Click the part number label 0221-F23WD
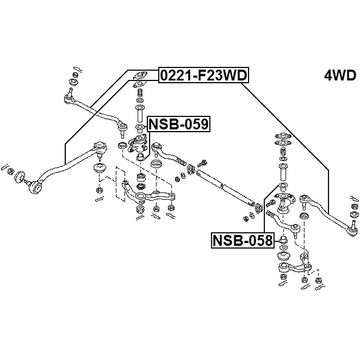click(x=204, y=75)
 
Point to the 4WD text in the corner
click(x=340, y=75)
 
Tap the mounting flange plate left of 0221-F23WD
click(x=139, y=75)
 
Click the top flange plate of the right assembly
click(x=281, y=137)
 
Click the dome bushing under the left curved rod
click(x=100, y=169)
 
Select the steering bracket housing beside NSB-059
click(x=138, y=147)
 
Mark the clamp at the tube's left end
click(x=192, y=168)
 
